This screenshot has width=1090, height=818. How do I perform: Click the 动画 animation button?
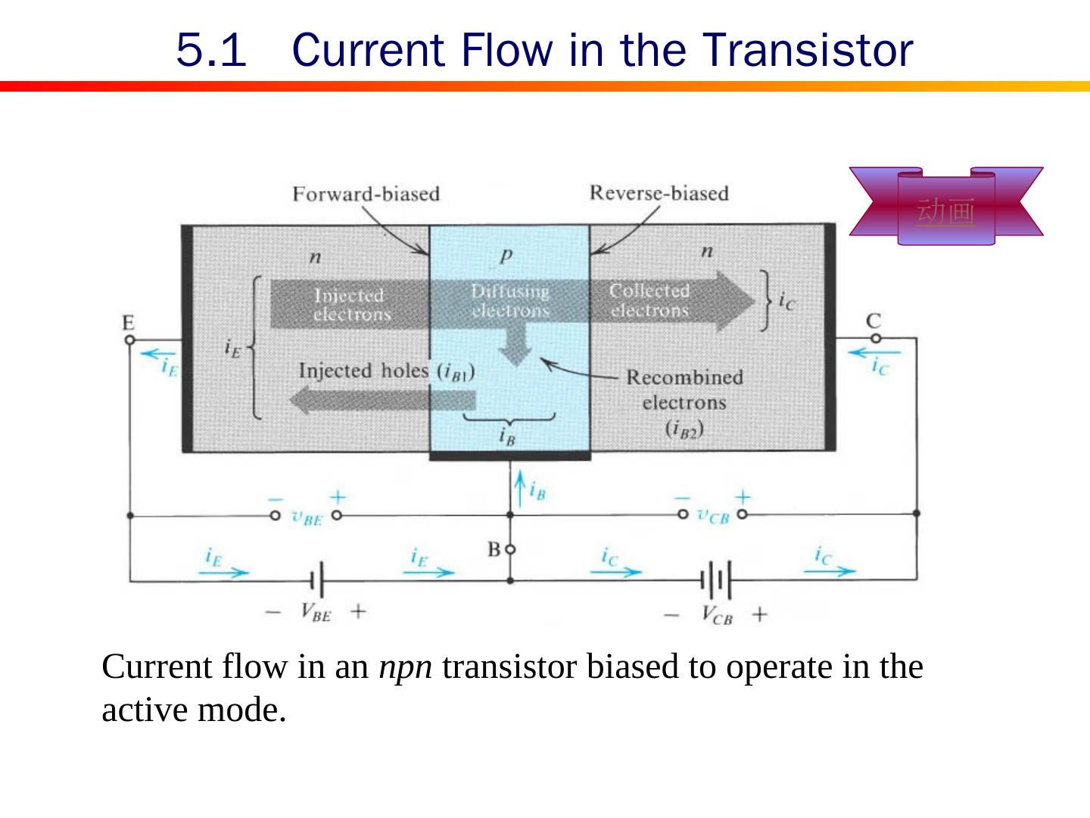(945, 211)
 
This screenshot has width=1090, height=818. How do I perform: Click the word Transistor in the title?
(808, 51)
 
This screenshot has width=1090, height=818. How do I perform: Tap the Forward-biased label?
(366, 194)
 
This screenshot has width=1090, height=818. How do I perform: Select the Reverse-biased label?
(659, 193)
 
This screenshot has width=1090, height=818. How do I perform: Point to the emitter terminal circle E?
(129, 340)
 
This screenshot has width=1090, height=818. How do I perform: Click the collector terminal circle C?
(874, 339)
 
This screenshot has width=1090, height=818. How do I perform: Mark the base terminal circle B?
(510, 548)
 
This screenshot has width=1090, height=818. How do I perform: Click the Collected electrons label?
(649, 301)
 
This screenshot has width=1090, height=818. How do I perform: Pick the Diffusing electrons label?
(509, 301)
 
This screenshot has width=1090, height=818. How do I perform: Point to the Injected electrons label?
(350, 304)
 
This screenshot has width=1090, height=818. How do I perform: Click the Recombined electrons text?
(684, 389)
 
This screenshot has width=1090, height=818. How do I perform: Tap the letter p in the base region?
(506, 255)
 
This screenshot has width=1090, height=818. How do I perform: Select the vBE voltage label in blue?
(307, 518)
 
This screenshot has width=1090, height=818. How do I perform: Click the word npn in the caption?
(405, 667)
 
